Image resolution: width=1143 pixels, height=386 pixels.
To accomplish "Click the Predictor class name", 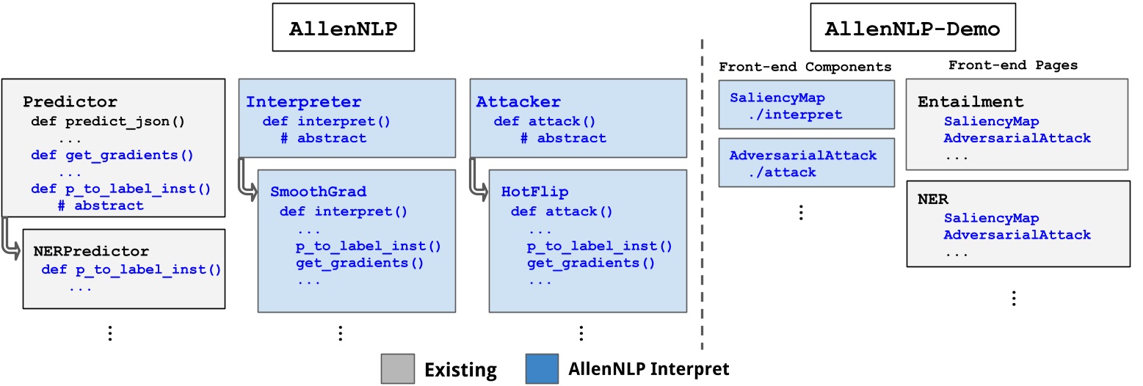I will click(x=70, y=101).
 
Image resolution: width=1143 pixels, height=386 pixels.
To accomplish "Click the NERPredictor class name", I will click(x=91, y=251).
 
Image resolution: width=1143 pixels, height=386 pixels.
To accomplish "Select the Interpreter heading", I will click(x=303, y=101).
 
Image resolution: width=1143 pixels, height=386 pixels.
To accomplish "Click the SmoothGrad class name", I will click(x=318, y=192).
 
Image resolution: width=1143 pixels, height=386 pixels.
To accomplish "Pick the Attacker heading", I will click(x=518, y=101).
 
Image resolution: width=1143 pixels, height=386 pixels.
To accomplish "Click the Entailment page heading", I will click(x=970, y=102).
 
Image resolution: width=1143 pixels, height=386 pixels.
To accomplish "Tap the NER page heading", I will click(x=933, y=200).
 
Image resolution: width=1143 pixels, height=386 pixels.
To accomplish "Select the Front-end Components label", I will click(x=805, y=67).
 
